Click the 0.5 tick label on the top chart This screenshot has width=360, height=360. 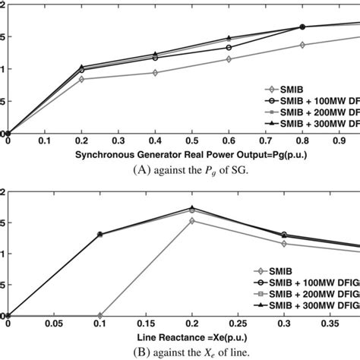click(x=192, y=141)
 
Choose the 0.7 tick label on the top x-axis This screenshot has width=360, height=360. click(x=266, y=141)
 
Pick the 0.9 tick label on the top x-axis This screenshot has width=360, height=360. click(x=339, y=141)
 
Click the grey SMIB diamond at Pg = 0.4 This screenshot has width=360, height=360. click(x=155, y=73)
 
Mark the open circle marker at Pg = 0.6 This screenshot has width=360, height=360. click(x=229, y=47)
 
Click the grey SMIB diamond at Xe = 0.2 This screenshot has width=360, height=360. click(x=192, y=221)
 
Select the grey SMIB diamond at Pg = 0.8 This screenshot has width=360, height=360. click(x=302, y=45)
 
